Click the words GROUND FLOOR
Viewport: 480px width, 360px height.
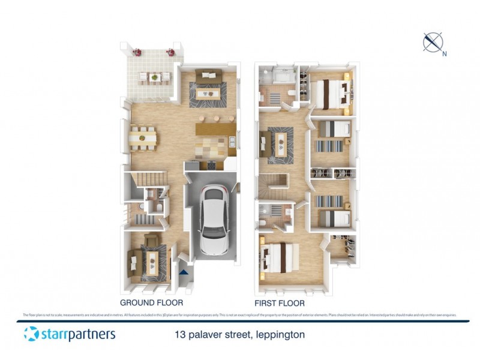[151, 303]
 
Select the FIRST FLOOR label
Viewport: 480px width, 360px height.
[280, 303]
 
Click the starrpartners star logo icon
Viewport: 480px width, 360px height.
[31, 334]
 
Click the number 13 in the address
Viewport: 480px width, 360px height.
[179, 334]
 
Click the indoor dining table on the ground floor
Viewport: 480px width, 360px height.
[143, 138]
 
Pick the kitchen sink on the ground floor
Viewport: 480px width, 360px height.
[232, 142]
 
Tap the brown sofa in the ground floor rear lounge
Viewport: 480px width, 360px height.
[208, 74]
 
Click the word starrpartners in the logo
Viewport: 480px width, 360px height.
[78, 334]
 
